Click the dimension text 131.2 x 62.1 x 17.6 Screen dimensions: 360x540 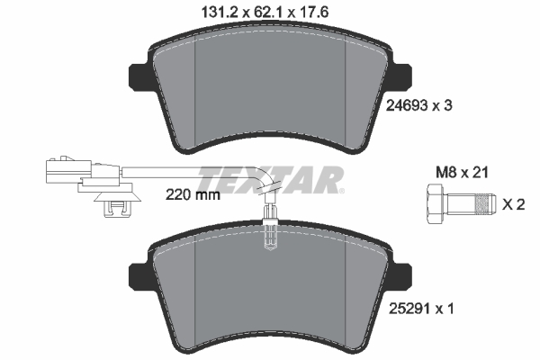pos(269,12)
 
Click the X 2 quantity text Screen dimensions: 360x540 pos(512,204)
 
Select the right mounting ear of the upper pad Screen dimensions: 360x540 pos(399,77)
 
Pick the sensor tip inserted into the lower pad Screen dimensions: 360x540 pos(268,236)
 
